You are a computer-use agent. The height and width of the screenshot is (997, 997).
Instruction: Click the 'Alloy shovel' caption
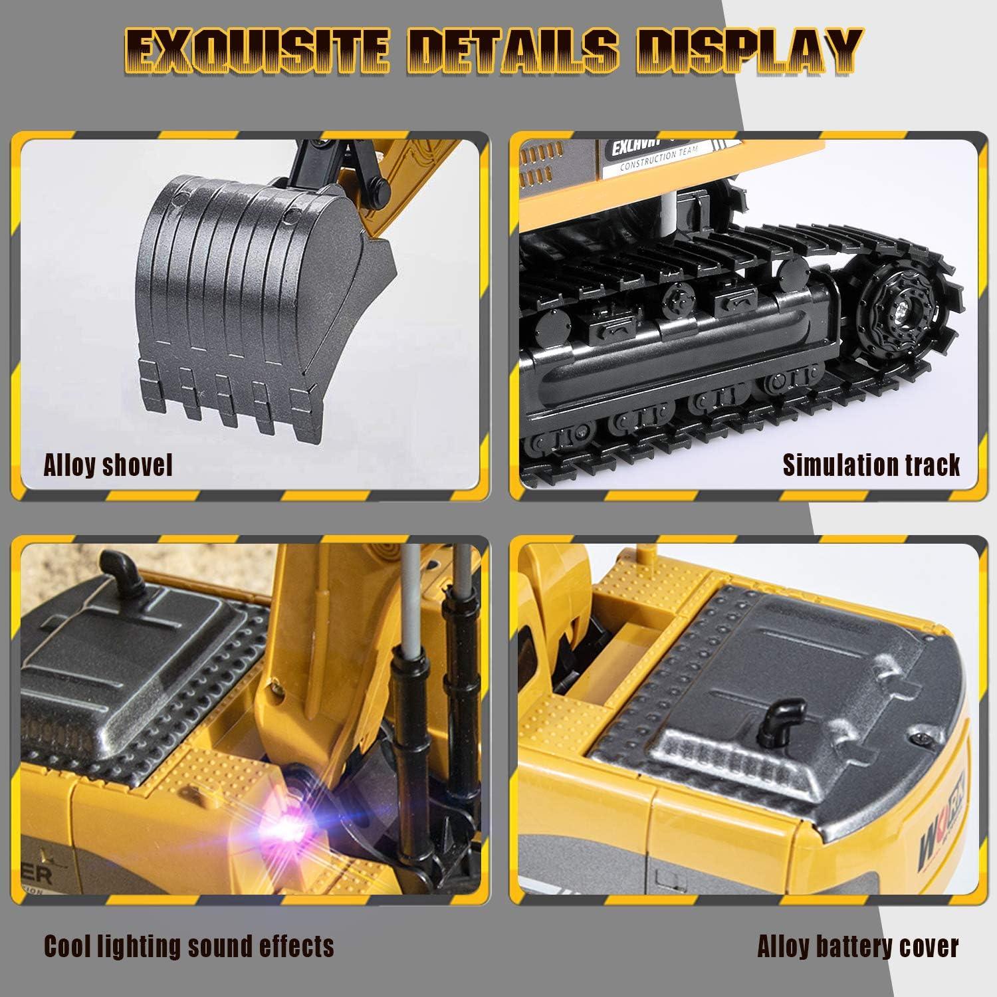(x=108, y=465)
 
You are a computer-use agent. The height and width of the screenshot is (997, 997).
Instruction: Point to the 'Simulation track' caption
(x=871, y=465)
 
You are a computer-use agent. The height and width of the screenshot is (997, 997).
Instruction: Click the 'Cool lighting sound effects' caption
(x=189, y=945)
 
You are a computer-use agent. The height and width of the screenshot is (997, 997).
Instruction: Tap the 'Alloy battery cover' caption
(x=857, y=946)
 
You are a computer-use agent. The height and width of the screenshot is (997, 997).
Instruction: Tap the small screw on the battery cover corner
(x=920, y=739)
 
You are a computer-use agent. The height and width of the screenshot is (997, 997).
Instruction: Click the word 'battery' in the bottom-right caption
(x=859, y=946)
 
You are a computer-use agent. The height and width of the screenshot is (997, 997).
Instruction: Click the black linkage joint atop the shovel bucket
(x=326, y=160)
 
